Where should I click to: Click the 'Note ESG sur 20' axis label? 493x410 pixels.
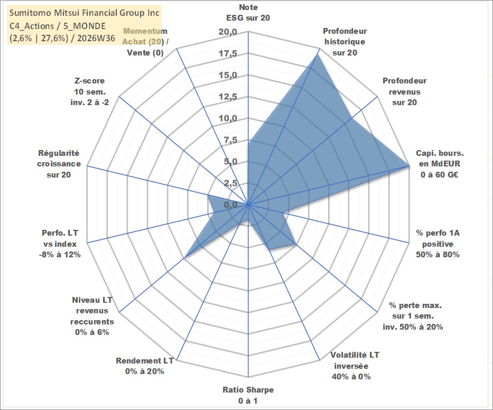click(x=248, y=13)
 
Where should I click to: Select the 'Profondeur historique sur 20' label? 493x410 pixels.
click(x=345, y=42)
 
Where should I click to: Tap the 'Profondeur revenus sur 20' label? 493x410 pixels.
click(x=404, y=91)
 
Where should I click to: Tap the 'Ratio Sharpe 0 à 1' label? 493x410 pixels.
click(x=248, y=395)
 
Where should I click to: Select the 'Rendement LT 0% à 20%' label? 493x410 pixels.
click(x=145, y=366)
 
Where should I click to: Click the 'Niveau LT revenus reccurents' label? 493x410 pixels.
click(x=92, y=316)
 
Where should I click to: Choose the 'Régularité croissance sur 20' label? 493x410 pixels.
click(x=59, y=164)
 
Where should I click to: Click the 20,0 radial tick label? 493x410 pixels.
click(x=228, y=32)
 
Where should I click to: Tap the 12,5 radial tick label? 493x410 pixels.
click(x=228, y=97)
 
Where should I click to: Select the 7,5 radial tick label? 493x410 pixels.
click(x=230, y=140)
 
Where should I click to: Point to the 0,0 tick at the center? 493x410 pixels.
click(x=230, y=204)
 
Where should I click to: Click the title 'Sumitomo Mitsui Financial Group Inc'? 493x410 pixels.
click(x=85, y=13)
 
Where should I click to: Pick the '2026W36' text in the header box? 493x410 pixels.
click(x=96, y=38)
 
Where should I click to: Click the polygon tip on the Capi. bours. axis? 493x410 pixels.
click(x=408, y=166)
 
